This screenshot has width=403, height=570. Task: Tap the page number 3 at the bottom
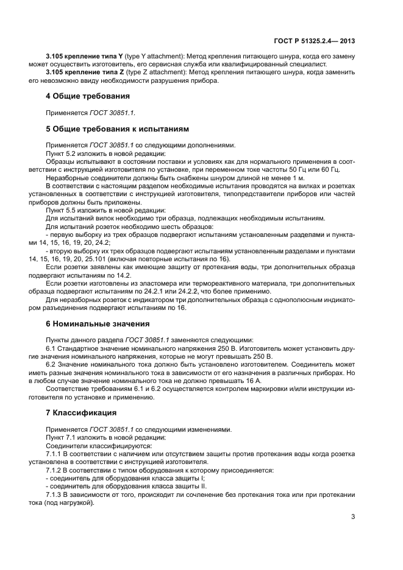tap(353, 517)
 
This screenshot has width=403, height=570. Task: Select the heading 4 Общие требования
tap(88, 96)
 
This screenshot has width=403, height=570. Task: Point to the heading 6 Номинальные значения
tap(98, 323)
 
